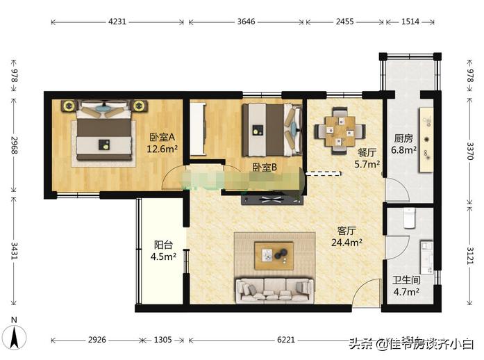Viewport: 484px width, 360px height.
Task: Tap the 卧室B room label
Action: pyautogui.click(x=265, y=167)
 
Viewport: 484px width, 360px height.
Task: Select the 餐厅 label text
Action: pyautogui.click(x=367, y=152)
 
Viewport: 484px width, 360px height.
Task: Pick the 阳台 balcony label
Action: pyautogui.click(x=164, y=245)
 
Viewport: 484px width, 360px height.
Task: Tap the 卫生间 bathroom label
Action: pyautogui.click(x=406, y=280)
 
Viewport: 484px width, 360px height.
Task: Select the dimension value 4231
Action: pyautogui.click(x=117, y=22)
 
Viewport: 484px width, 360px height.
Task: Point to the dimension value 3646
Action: pyautogui.click(x=247, y=22)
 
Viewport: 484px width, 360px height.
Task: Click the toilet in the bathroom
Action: pyautogui.click(x=409, y=218)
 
